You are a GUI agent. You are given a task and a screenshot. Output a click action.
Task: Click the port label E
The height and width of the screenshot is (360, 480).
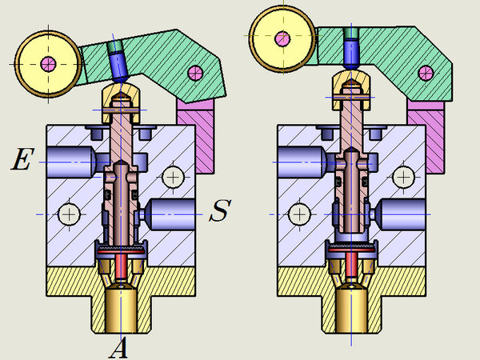22,158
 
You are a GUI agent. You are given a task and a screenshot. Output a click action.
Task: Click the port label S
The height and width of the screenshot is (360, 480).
220,210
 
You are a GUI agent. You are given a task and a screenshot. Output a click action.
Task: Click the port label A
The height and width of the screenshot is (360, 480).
118,348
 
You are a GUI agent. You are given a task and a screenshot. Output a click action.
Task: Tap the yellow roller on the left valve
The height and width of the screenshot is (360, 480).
48,64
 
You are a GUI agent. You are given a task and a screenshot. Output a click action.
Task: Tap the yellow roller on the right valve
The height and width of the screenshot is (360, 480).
282,39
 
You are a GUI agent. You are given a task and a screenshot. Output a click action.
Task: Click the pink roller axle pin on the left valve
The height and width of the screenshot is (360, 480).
48,64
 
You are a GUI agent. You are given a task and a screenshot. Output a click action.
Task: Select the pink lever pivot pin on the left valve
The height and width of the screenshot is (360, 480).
195,73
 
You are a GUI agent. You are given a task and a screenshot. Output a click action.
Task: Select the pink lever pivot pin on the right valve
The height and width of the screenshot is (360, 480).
426,73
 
